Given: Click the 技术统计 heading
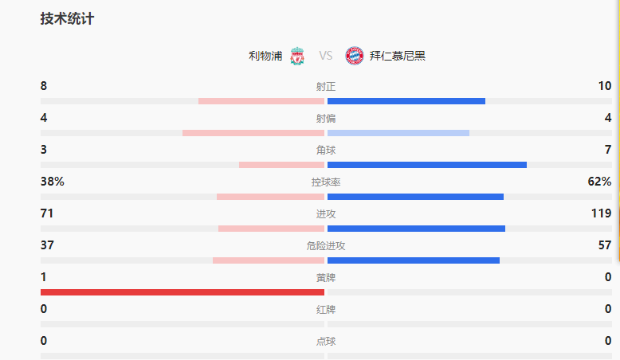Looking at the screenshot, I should [67, 19].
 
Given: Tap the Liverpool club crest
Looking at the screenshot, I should [297, 56].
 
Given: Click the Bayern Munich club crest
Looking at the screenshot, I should [354, 56].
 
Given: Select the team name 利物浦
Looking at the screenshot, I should [265, 56].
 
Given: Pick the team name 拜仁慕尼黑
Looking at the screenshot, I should [398, 56].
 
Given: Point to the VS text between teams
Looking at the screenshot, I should [325, 56].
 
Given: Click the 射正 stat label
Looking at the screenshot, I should [325, 87].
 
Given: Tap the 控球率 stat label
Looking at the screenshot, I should [325, 182].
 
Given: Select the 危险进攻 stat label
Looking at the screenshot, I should [325, 246].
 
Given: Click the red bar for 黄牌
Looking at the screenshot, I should [182, 292].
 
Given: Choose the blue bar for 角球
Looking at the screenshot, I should [427, 165].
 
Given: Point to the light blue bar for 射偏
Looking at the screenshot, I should [398, 133].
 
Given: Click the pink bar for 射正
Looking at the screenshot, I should [261, 101].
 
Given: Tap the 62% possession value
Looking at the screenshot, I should [599, 182].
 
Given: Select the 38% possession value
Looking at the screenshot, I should [53, 182].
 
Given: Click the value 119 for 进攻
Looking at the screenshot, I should [602, 213].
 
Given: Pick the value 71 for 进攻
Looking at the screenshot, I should [47, 213].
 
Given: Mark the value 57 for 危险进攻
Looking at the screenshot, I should [605, 245].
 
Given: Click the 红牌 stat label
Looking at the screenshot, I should [325, 310].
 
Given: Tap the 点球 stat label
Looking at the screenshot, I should [325, 342].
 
